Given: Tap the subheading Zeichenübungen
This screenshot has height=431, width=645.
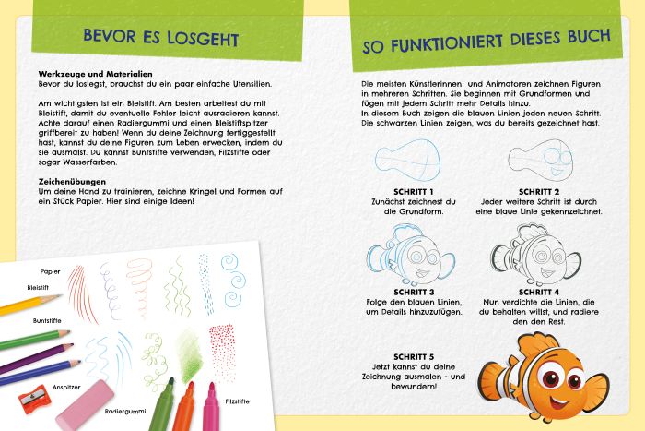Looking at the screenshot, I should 74,181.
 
